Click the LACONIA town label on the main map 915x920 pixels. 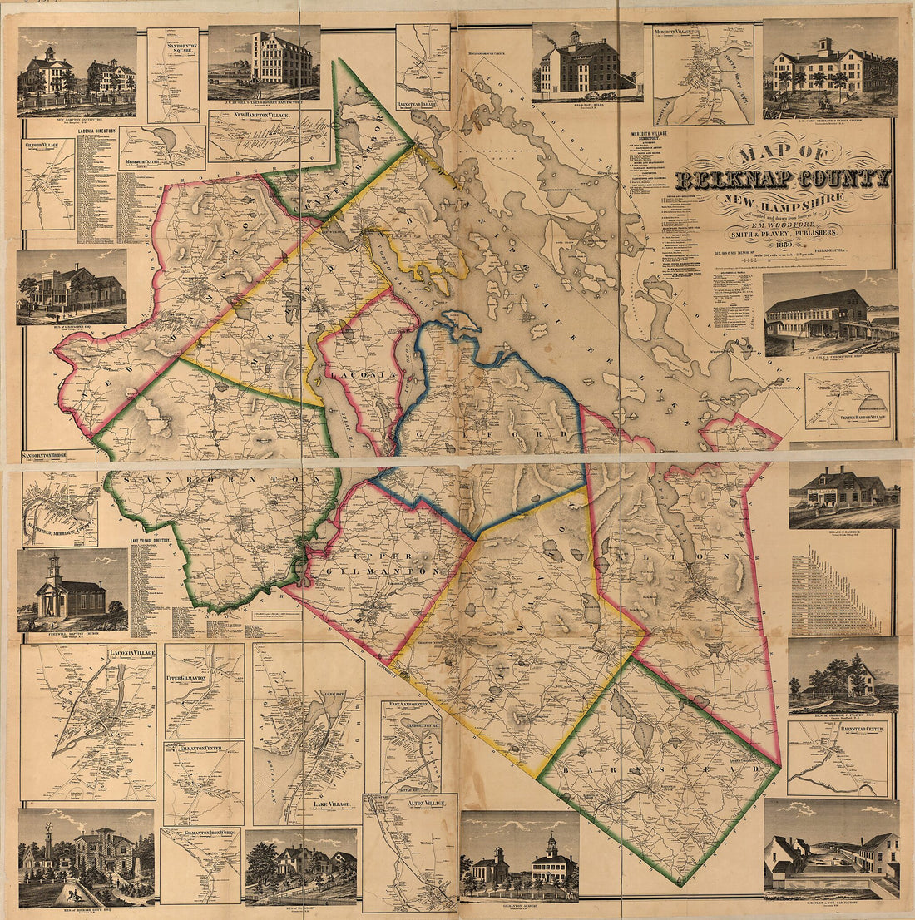[354, 376]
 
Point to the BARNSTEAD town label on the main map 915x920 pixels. [657, 769]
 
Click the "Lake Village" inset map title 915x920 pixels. [320, 804]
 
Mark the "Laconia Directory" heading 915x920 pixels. [96, 131]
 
